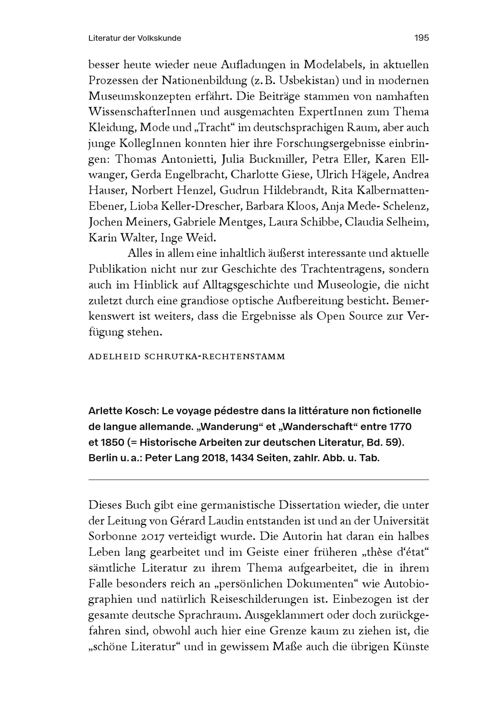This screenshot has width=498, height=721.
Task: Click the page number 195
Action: [x=422, y=38]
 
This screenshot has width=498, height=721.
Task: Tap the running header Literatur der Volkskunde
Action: [x=134, y=38]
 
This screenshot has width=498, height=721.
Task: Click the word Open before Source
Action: [x=330, y=316]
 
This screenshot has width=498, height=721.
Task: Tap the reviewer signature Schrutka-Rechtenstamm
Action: [x=215, y=357]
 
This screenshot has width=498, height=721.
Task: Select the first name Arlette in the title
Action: [x=105, y=411]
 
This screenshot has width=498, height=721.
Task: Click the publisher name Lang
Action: [x=187, y=458]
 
